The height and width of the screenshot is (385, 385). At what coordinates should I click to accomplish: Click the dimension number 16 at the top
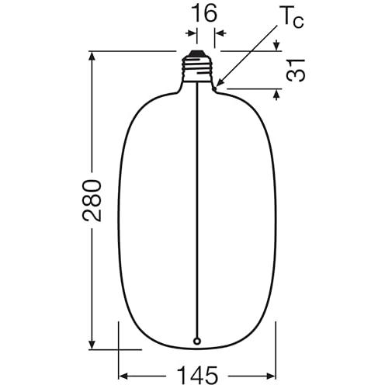coord(205,12)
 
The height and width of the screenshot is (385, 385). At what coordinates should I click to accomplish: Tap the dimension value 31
coord(296,71)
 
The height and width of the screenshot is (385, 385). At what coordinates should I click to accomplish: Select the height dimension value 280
coord(92,201)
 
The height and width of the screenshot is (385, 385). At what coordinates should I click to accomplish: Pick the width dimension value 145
coord(197,375)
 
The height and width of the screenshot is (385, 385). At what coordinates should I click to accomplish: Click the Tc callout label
coord(293,19)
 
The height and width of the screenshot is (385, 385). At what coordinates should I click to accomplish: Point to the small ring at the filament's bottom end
coord(197,342)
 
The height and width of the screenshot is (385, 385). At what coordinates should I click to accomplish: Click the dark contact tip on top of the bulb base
coord(197,54)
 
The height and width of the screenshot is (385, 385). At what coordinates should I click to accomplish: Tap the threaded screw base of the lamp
coord(197,69)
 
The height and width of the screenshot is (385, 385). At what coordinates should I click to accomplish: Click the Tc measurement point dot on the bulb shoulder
coord(215,88)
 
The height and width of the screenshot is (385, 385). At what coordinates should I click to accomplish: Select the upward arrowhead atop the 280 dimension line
coord(92,57)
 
